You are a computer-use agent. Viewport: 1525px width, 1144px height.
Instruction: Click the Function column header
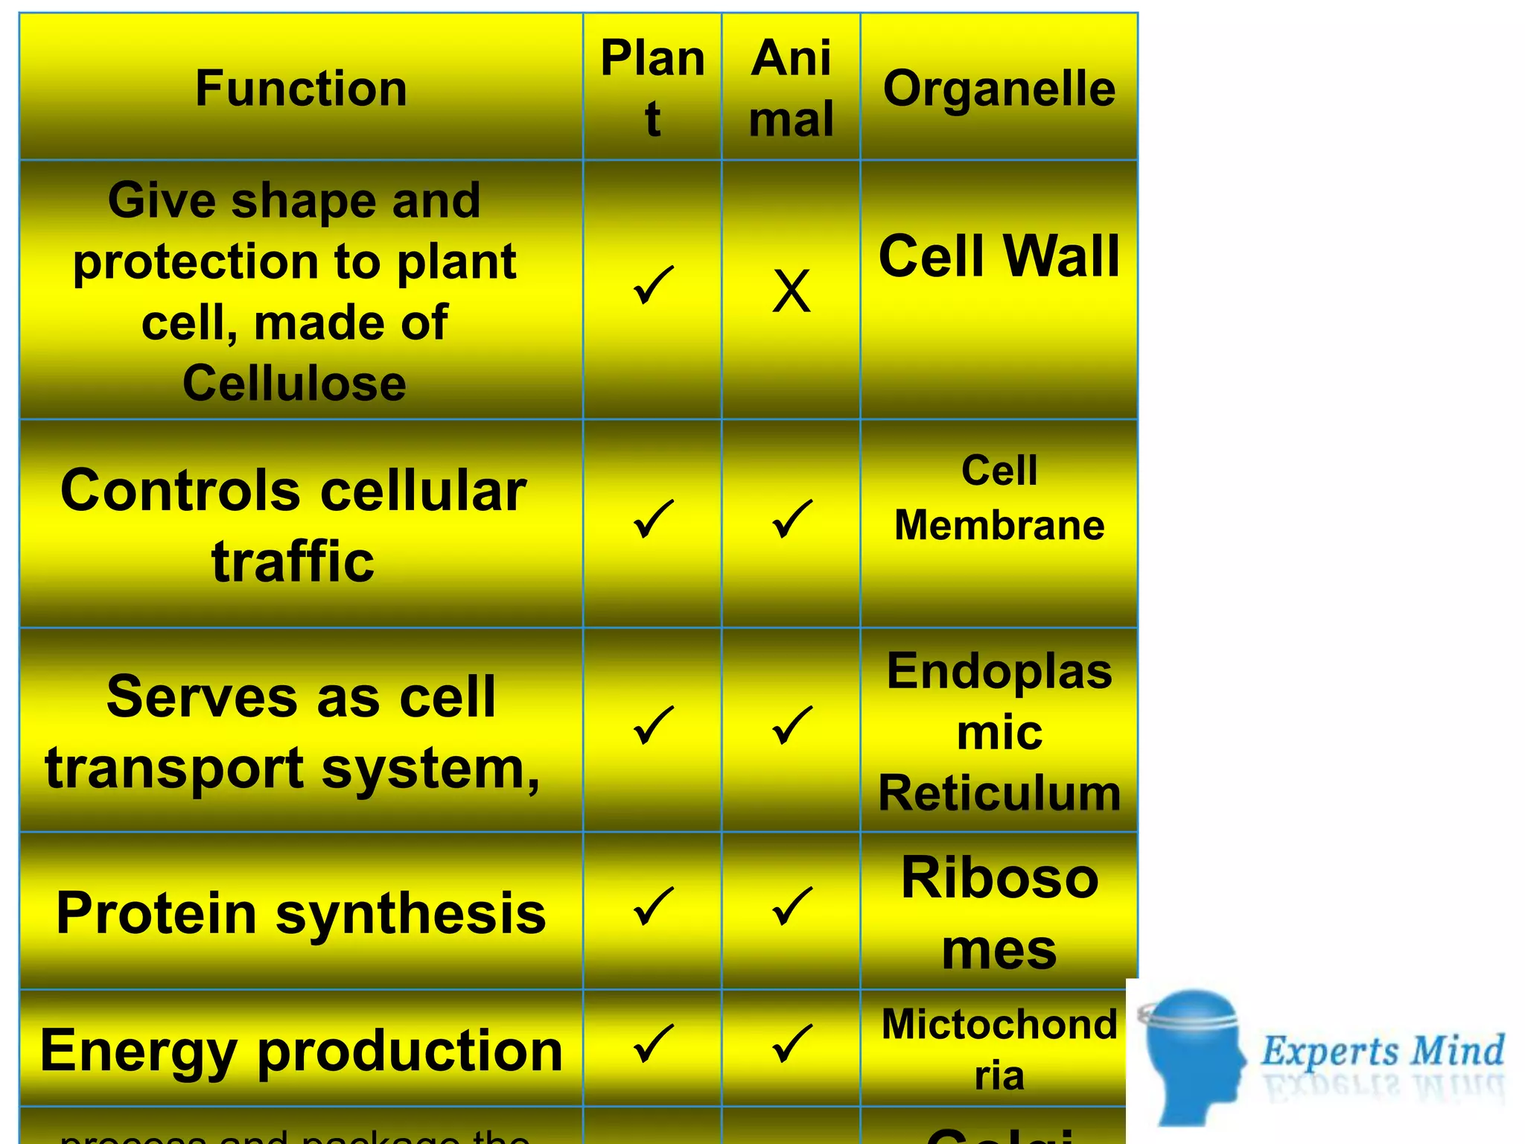pos(301,88)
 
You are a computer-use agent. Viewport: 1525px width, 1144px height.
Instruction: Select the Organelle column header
pos(999,88)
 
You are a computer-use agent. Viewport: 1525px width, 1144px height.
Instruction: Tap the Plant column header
pos(652,88)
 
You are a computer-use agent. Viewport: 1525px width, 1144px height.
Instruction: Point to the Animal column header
pos(791,88)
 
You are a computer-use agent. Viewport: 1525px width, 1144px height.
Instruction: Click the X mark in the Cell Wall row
pos(791,290)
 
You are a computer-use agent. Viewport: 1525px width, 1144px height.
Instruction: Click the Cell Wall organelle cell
pos(999,256)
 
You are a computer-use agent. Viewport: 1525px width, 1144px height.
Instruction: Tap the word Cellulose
pos(294,384)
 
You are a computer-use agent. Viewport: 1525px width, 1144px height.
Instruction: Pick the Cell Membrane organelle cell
pos(999,498)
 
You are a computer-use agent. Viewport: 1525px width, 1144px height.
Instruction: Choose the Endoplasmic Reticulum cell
pos(999,731)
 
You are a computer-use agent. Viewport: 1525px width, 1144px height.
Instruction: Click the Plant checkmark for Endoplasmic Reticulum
pos(652,725)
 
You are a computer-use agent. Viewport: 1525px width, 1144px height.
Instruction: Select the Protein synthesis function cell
pos(301,913)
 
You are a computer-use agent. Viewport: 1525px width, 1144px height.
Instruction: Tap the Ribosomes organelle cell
pos(999,913)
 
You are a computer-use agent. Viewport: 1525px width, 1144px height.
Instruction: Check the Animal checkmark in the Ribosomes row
pos(791,906)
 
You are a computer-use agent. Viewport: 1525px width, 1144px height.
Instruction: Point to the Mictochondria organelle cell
pos(999,1049)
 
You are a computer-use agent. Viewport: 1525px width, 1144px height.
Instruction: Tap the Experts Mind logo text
pos(1382,1051)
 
